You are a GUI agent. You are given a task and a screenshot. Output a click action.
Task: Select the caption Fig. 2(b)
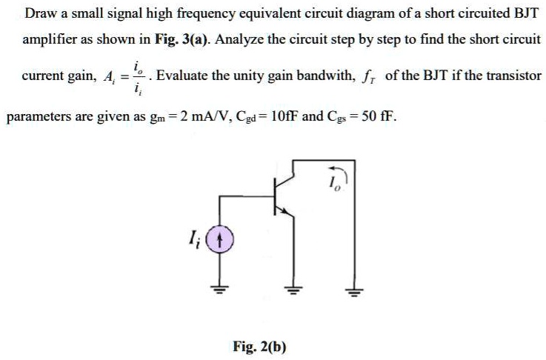point(259,346)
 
